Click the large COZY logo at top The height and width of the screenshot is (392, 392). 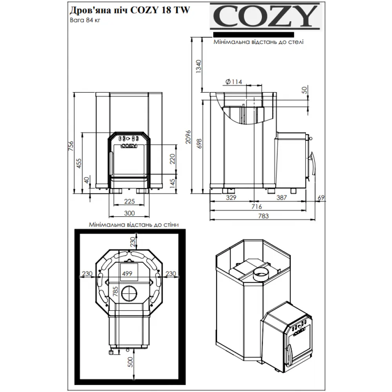[x=264, y=17]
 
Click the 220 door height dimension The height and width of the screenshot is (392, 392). [x=172, y=159]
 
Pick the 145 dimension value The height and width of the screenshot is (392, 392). [x=173, y=183]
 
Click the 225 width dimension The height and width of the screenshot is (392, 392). [x=129, y=201]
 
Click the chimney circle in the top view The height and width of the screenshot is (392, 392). [x=129, y=293]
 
